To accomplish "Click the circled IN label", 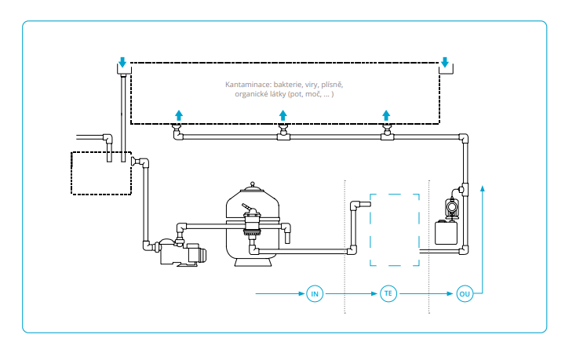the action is (315, 293).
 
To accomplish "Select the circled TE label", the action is (388, 293).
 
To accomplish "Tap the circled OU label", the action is (465, 293).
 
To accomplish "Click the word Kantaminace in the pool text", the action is (248, 85).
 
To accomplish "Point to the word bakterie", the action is (288, 85).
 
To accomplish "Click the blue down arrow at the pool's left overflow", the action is (122, 63).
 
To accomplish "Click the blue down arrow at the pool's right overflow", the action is (445, 63).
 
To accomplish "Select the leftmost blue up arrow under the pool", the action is (179, 115).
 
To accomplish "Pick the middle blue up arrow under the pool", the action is (283, 115).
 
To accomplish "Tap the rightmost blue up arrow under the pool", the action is (386, 115).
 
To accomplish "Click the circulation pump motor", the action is (196, 253).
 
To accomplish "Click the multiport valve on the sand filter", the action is (252, 220).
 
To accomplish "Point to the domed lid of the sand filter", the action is (253, 188).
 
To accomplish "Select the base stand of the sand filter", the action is (253, 262).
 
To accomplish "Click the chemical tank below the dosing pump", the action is (446, 233).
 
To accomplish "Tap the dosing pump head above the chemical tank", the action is (451, 208).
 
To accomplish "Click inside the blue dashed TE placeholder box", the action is (395, 230).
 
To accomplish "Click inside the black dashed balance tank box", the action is (101, 173).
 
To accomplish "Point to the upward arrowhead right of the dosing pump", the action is (483, 188).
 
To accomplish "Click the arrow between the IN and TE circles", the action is (352, 293).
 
